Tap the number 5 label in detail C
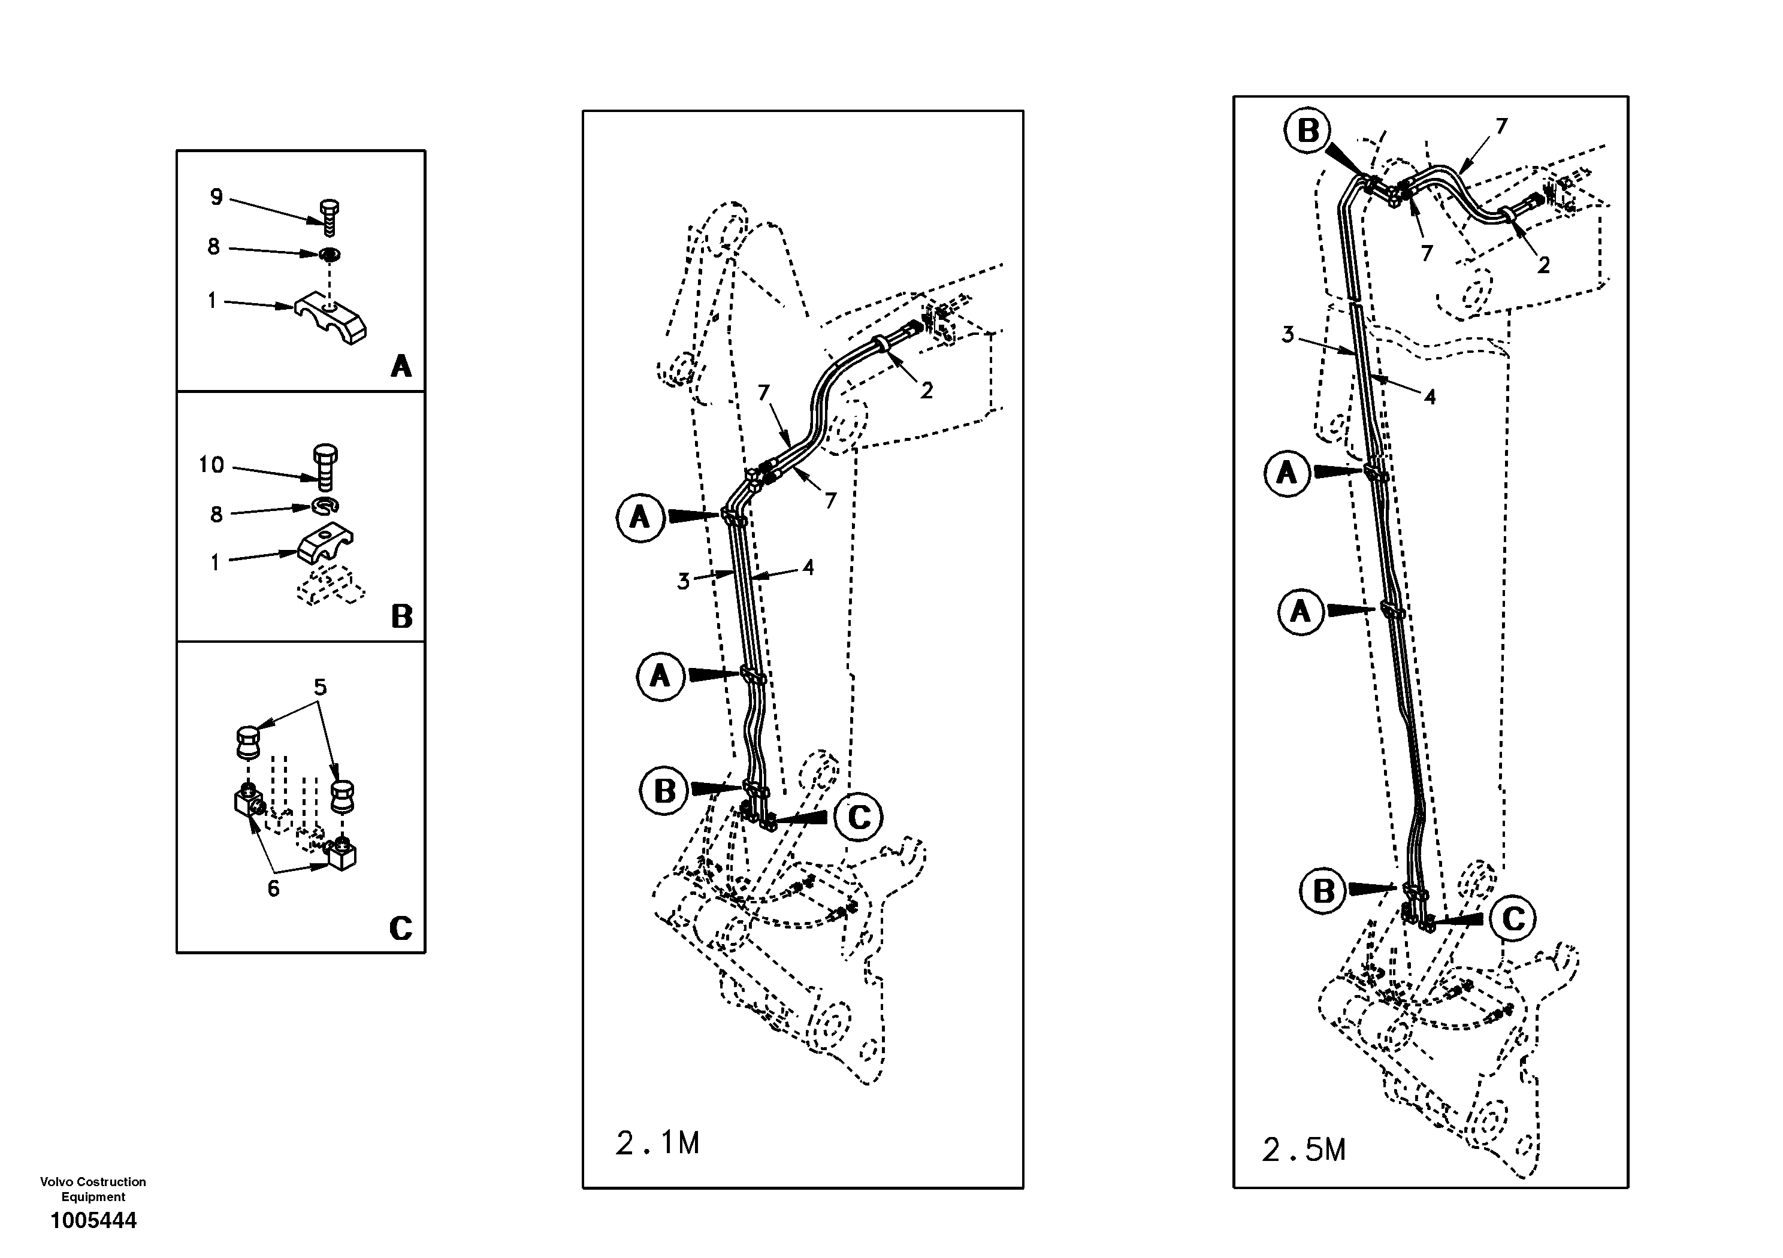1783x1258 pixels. click(x=320, y=687)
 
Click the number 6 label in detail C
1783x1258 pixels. click(x=273, y=888)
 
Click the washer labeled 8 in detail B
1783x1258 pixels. click(x=325, y=506)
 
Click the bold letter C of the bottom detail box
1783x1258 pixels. click(x=400, y=928)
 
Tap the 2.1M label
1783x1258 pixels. click(x=657, y=1144)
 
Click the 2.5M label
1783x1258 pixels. click(x=1304, y=1150)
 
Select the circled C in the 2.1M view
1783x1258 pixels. click(x=858, y=817)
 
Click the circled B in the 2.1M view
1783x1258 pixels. click(x=664, y=791)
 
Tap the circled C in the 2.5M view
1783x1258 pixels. click(x=1513, y=919)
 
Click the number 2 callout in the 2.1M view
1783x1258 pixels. click(x=926, y=391)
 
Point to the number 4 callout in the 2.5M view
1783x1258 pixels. click(x=1430, y=397)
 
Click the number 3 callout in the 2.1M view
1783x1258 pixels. click(x=682, y=581)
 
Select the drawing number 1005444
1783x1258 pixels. click(x=93, y=1221)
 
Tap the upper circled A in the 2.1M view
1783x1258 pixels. click(x=640, y=517)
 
